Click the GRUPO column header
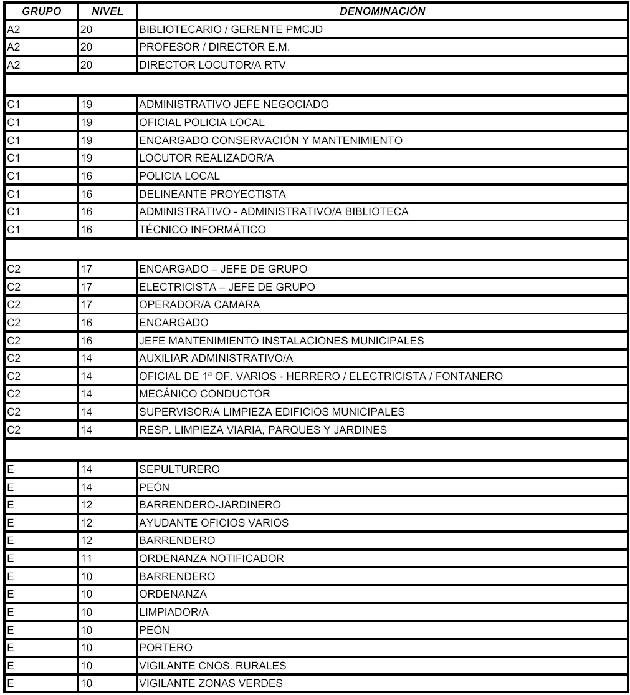pyautogui.click(x=39, y=11)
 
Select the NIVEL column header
pyautogui.click(x=105, y=11)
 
